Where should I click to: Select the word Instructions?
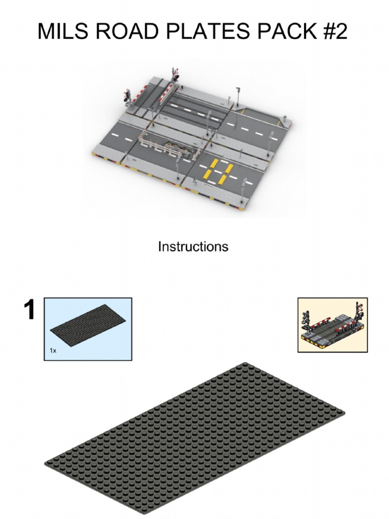click(x=193, y=247)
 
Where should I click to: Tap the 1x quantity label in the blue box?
click(x=53, y=350)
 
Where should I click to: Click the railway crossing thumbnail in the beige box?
click(x=332, y=325)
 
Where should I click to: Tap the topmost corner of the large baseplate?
click(x=245, y=364)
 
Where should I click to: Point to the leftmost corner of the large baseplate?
click(x=47, y=463)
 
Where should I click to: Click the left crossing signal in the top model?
click(x=127, y=95)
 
